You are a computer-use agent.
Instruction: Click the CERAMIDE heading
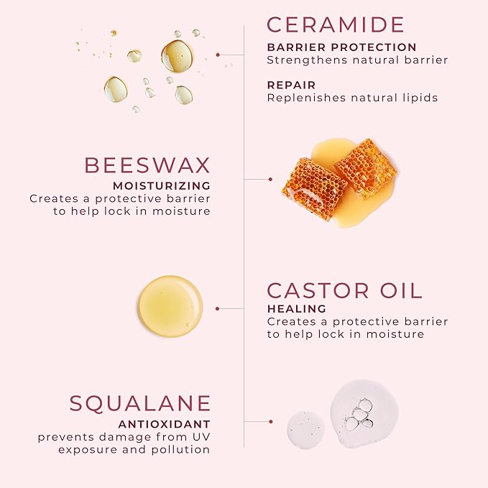tap(336, 24)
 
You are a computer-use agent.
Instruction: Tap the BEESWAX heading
tap(147, 165)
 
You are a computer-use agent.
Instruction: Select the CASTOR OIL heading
tap(345, 291)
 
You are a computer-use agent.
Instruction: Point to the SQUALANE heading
tap(140, 404)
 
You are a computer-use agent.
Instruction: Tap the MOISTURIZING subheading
tap(162, 185)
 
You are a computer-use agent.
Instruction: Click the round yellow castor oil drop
tap(170, 307)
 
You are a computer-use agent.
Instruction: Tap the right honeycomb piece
tap(365, 167)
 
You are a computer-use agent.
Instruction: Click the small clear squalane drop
tap(305, 430)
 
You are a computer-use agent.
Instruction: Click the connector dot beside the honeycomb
tap(270, 179)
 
